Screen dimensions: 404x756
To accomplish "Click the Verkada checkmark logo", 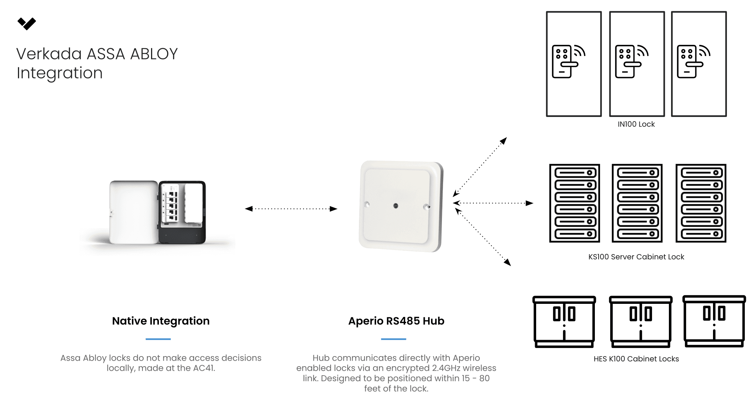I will (27, 24).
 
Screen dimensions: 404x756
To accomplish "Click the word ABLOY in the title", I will (154, 54).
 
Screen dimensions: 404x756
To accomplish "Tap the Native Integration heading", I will (161, 321).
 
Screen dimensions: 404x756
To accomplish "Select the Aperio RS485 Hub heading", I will (396, 321).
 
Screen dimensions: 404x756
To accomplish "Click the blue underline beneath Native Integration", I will (158, 339).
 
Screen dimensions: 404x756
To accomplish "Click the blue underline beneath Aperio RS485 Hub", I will (393, 339).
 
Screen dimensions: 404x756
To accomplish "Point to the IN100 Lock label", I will (636, 124).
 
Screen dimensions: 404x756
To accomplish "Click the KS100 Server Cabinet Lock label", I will (636, 257).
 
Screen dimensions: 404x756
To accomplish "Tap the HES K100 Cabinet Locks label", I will (636, 359).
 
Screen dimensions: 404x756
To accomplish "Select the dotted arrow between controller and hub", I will (291, 209).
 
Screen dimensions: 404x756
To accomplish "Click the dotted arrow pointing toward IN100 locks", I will (480, 167).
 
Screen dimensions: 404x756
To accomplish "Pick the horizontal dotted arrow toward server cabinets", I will (493, 203).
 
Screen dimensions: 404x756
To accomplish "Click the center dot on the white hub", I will (396, 206).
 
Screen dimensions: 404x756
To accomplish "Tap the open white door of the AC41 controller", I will (133, 212).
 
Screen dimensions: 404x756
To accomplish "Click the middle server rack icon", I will (637, 203).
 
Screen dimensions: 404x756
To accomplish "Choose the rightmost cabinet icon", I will (714, 321).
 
